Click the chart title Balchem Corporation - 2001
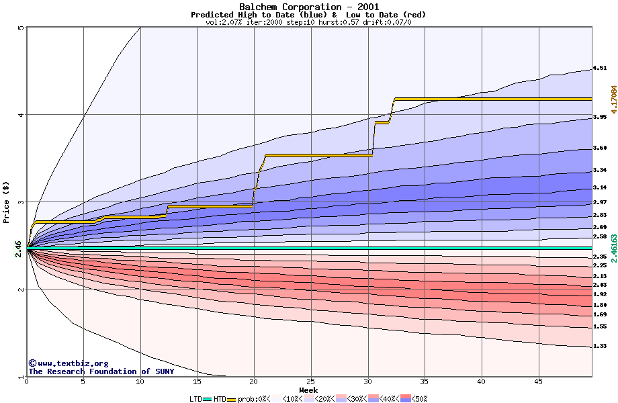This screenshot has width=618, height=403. [308, 7]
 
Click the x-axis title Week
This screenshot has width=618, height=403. [308, 390]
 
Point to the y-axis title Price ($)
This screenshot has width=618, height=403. [7, 201]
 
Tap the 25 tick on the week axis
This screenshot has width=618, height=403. [311, 381]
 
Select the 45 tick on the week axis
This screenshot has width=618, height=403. [538, 381]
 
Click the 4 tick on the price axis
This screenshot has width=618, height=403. [21, 115]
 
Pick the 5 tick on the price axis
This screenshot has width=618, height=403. [21, 28]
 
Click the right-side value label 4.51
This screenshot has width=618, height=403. [600, 68]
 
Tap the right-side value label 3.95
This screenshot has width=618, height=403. [600, 118]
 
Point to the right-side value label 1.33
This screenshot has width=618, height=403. [600, 346]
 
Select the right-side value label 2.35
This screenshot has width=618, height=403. [600, 257]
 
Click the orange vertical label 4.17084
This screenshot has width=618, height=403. [613, 103]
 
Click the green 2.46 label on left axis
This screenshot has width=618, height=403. [19, 249]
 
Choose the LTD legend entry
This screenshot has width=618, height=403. [195, 399]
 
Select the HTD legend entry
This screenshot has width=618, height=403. [220, 399]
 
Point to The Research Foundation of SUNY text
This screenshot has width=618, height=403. [101, 371]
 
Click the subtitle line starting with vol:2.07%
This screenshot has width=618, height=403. [308, 22]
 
